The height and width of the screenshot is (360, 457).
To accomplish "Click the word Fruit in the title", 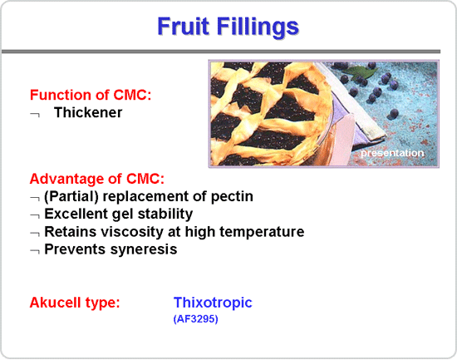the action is click(x=184, y=26).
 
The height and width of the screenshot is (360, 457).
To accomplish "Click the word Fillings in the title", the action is click(x=258, y=27).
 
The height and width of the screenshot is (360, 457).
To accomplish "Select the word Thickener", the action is click(x=88, y=112).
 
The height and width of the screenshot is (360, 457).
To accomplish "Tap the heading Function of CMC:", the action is click(x=91, y=95).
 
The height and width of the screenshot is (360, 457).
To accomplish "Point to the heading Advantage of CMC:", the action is click(x=97, y=179).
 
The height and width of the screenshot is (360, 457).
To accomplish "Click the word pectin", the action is click(x=232, y=197).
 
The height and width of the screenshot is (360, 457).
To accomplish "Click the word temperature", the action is click(x=262, y=232).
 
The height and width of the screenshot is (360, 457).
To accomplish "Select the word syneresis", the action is click(x=144, y=249).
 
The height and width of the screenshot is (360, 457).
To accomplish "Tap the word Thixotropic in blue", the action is click(x=213, y=303).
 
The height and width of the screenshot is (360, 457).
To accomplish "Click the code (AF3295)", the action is click(x=195, y=319).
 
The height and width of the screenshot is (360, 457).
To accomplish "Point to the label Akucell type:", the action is click(x=75, y=303).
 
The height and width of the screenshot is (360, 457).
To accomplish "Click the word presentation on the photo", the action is click(x=392, y=153).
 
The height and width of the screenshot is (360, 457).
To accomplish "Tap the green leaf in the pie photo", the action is click(x=358, y=72).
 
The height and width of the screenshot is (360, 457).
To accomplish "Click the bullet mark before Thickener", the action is click(x=35, y=114).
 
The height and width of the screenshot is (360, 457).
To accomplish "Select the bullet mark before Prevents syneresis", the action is click(x=35, y=251).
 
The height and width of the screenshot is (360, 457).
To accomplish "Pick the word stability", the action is click(x=165, y=215).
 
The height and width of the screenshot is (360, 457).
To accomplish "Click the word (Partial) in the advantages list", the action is click(x=71, y=197).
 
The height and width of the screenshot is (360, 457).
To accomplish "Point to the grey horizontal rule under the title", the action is click(x=221, y=52).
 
